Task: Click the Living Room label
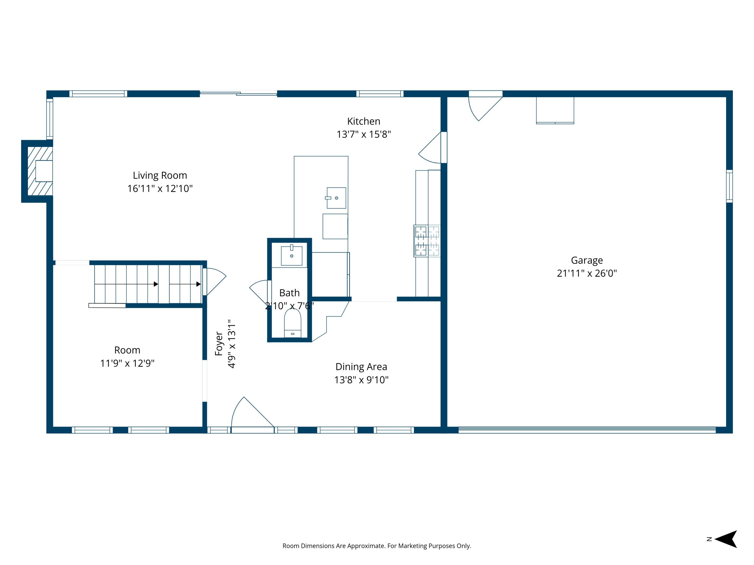pos(160,175)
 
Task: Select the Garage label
pos(587,260)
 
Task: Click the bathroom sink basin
pos(292,255)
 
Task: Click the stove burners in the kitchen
pos(427,241)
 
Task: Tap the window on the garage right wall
pos(729,186)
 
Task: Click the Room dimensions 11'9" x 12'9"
pos(127,363)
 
